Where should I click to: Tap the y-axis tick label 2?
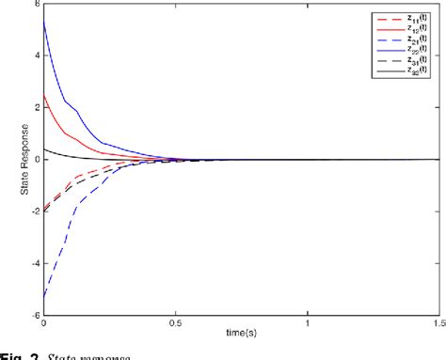37,106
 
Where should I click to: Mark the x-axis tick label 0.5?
176,324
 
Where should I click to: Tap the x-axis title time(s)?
242,335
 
